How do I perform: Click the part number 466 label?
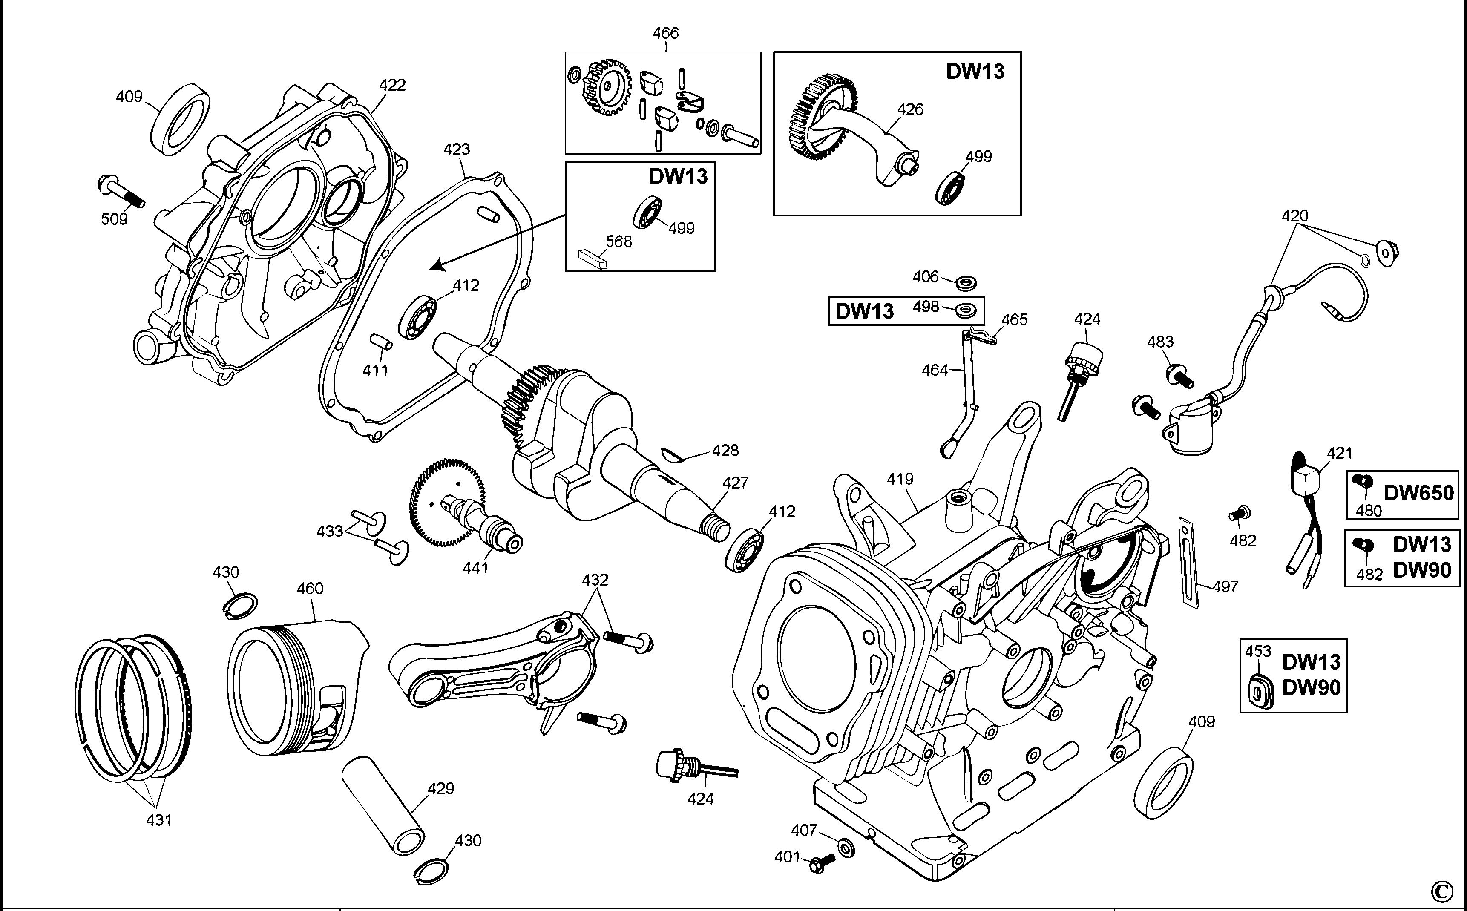click(x=666, y=33)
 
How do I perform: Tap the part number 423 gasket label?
click(x=457, y=149)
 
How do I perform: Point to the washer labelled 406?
click(x=967, y=282)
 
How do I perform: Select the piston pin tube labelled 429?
click(x=383, y=805)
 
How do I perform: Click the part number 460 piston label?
click(x=310, y=588)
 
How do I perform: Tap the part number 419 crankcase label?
click(x=900, y=479)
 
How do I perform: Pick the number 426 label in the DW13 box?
click(x=910, y=109)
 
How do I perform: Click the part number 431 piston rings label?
click(x=159, y=819)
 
